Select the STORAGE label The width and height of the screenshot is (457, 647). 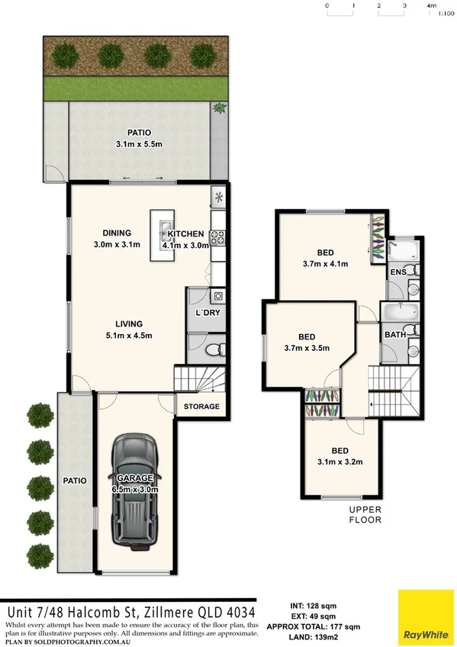click(201, 407)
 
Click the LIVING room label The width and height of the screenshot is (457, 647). click(124, 323)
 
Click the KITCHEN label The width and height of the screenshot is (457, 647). click(186, 233)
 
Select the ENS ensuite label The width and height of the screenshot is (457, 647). click(397, 272)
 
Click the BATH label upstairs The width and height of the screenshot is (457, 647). click(394, 334)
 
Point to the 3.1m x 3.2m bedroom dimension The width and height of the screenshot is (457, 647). click(340, 461)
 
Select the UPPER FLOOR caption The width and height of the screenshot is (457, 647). click(365, 514)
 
